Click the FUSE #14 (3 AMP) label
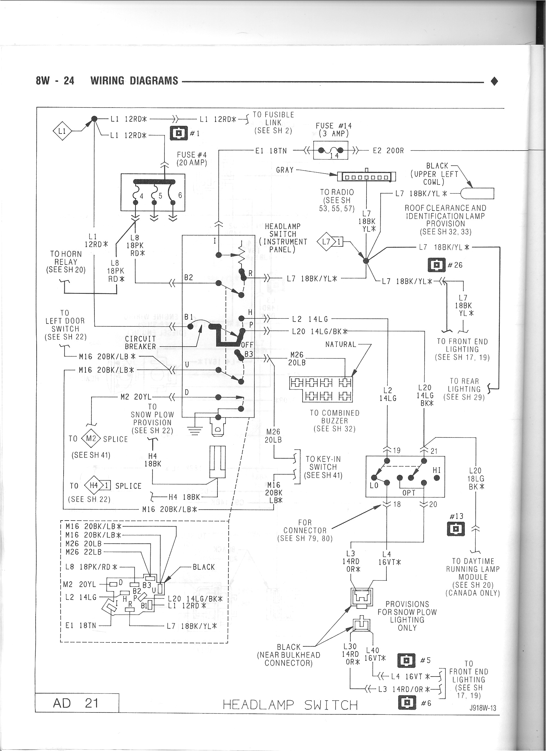333,129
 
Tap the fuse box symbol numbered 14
330,150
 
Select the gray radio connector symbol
366,177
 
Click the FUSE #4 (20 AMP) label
192,159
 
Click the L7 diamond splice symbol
327,242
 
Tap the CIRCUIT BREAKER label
140,342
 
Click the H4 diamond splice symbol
94,486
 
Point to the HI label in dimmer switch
436,470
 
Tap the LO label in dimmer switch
374,486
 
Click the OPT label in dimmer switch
409,493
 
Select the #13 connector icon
456,529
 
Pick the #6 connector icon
407,702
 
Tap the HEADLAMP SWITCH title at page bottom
290,705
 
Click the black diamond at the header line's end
494,81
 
